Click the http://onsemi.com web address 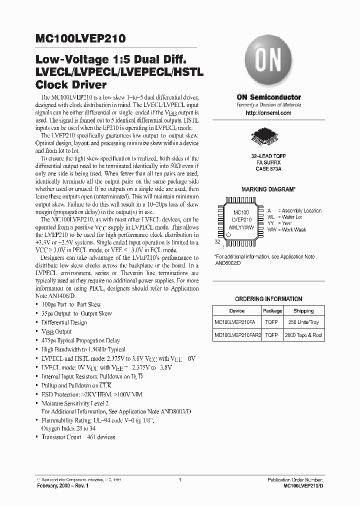coord(268,113)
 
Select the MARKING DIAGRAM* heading coord(268,190)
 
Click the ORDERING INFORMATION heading coord(268,299)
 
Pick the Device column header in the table coord(236,310)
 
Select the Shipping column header coord(303,310)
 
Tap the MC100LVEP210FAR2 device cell coord(236,335)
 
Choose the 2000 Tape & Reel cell coord(303,335)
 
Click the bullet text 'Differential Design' coord(64,322)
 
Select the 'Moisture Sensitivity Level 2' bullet coord(75,403)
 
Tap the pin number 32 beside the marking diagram coord(217,241)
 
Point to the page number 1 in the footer coord(179,480)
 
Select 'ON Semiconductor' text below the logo coord(268,97)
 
